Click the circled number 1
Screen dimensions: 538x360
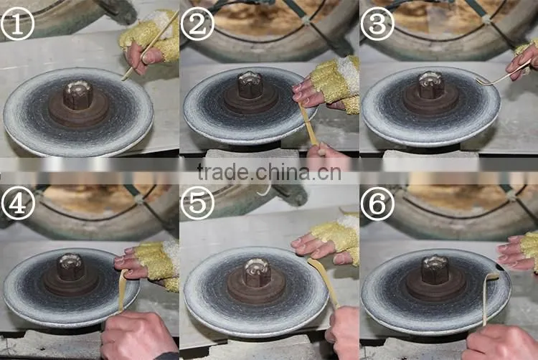[x=17, y=24]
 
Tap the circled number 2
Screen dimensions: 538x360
[x=197, y=24]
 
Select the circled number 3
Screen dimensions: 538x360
[x=377, y=24]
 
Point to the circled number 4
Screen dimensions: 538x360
[x=18, y=204]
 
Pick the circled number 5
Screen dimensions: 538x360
[x=197, y=204]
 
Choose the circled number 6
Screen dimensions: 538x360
[x=377, y=204]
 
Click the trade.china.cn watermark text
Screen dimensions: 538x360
[x=269, y=172]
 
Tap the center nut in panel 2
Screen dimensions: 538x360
[x=251, y=85]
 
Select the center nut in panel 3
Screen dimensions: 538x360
[x=430, y=85]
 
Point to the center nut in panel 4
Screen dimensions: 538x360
[x=70, y=267]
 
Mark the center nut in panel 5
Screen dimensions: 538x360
[x=257, y=273]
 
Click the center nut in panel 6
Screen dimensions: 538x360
[x=435, y=270]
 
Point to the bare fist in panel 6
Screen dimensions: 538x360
[x=499, y=343]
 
